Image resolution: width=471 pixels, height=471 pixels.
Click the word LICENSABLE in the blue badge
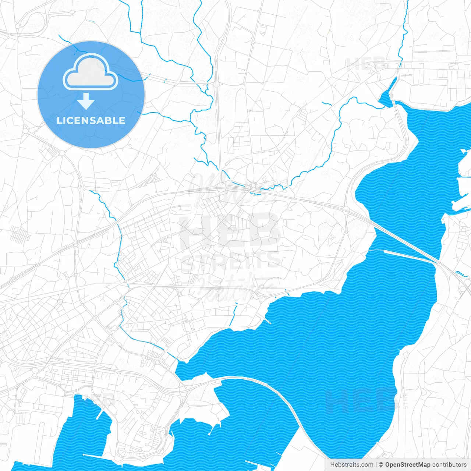pyautogui.click(x=91, y=120)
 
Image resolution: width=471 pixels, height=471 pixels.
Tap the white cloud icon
pyautogui.click(x=90, y=72)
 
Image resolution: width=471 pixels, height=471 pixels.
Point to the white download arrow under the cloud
pyautogui.click(x=86, y=101)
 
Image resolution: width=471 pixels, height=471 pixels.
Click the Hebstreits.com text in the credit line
pyautogui.click(x=351, y=465)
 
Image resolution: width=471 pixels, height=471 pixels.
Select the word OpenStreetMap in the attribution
pyautogui.click(x=408, y=465)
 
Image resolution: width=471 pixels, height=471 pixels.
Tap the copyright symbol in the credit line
pyautogui.click(x=381, y=465)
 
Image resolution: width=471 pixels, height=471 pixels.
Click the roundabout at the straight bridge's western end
pyautogui.click(x=346, y=210)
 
